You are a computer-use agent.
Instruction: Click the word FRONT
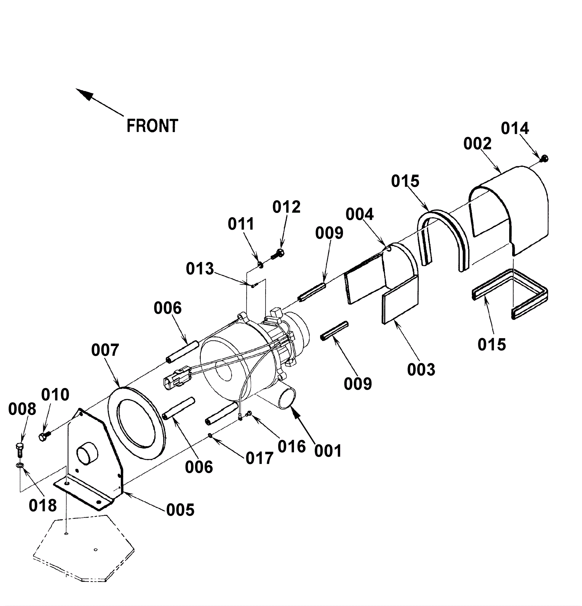coord(152,126)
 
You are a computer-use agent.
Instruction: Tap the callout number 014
coord(515,128)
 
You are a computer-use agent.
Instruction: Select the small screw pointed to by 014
coord(545,158)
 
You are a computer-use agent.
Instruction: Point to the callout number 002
coord(477,144)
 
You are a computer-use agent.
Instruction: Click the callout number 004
coord(359,214)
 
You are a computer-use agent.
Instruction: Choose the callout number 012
coord(286,207)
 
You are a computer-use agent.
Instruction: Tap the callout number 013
coord(200,269)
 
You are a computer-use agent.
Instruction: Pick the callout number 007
coord(105,350)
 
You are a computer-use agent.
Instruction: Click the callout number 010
coord(55,395)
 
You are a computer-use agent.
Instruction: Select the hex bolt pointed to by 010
coord(44,436)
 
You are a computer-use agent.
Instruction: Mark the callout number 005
coord(180,510)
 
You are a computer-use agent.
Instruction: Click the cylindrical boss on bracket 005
coord(87,453)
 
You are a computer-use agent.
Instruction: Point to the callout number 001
coord(328,451)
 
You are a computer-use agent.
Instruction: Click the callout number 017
coord(259,458)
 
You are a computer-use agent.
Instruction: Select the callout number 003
coord(421,370)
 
